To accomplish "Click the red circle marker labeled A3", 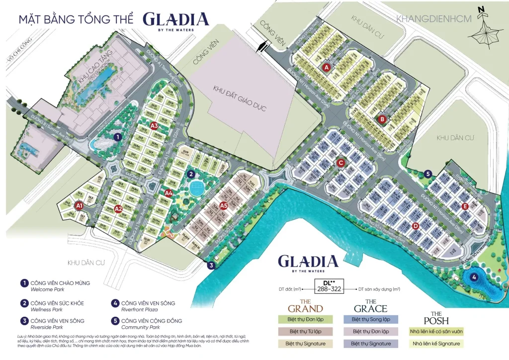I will pos(154,125).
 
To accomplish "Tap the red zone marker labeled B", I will pos(382,119).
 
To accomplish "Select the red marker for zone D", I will pos(416,226).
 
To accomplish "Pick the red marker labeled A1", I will pos(79,204).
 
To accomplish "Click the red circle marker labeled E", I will pos(465,206).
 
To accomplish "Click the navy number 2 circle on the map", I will pos(190,174).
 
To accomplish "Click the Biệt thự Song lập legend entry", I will pos(370,319).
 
